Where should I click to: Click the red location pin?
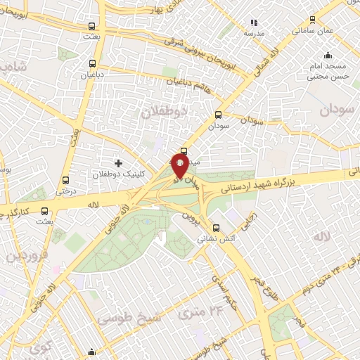pyautogui.click(x=179, y=166)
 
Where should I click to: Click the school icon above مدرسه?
pyautogui.click(x=254, y=23)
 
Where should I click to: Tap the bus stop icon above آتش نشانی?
pyautogui.click(x=217, y=228)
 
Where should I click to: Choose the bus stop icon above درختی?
pyautogui.click(x=65, y=180)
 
